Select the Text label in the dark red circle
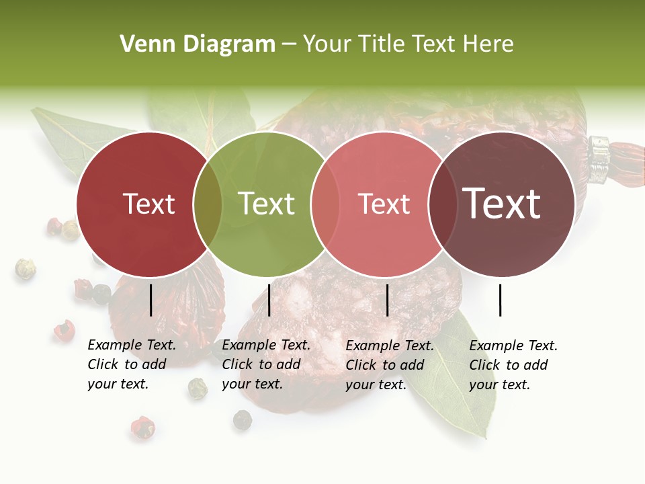pos(148,204)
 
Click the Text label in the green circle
pos(267,204)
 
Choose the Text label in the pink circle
pos(384,204)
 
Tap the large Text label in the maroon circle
pos(502,204)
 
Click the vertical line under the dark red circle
pos(150,300)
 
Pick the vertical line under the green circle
pos(269,300)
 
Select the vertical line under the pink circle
pos(387,300)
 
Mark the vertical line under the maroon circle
pos(500,300)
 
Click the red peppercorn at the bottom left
pos(142,427)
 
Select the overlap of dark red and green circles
pos(208,204)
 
